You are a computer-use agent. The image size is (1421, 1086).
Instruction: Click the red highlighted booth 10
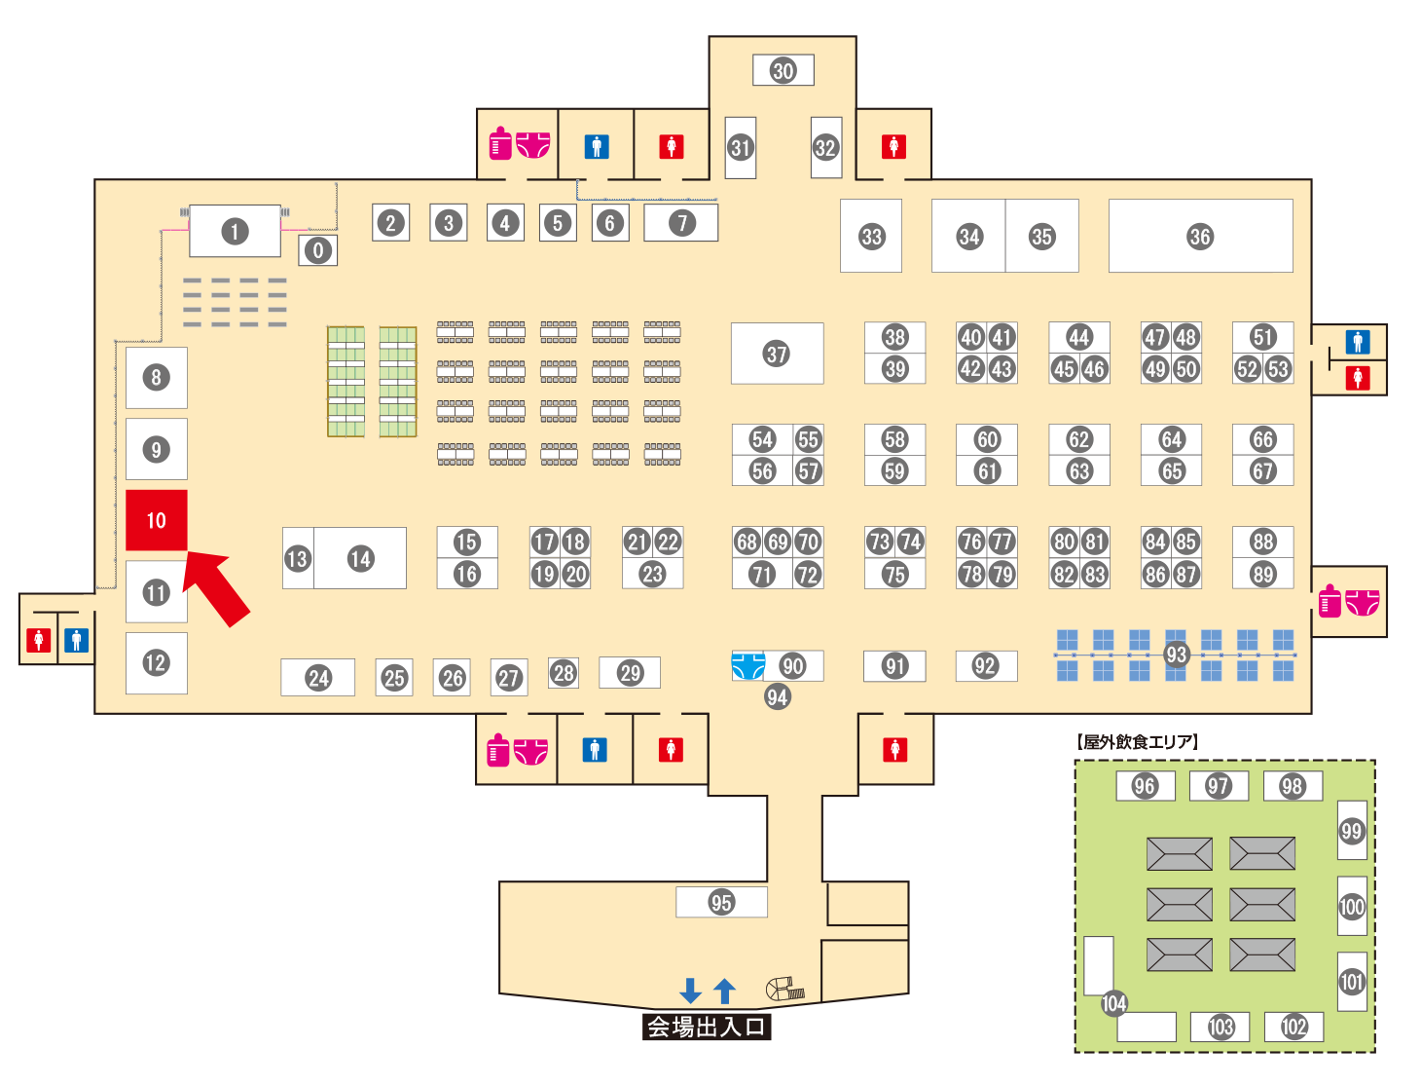pos(156,520)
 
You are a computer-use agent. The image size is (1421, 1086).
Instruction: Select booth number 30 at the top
pos(783,70)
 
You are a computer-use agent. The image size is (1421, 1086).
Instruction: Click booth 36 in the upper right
pos(1200,236)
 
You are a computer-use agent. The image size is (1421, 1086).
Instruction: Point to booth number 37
pos(777,354)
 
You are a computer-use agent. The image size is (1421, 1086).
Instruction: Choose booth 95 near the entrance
pos(721,902)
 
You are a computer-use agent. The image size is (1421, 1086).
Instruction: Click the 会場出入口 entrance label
pos(707,1027)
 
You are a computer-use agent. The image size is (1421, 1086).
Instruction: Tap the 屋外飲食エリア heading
pos(1138,742)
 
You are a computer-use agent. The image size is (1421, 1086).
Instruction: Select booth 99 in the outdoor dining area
pos(1351,831)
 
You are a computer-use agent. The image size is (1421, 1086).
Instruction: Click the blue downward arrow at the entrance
pos(690,991)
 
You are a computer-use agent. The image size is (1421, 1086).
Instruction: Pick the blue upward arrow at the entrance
pos(724,991)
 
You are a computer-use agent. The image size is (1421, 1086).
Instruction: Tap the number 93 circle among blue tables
pos(1176,655)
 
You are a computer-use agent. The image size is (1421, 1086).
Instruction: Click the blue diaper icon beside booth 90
pos(747,666)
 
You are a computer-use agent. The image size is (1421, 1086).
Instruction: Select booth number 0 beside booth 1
pos(317,250)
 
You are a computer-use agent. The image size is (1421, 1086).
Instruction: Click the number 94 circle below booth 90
pos(777,696)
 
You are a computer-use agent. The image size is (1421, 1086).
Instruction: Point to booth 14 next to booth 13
pos(360,558)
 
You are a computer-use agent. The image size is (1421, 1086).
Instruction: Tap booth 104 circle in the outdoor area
pos(1113,1003)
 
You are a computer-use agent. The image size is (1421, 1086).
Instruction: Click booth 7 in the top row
pos(681,223)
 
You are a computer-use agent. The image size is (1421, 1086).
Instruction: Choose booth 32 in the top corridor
pos(825,147)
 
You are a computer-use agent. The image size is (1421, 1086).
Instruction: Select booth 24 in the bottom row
pos(318,678)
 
